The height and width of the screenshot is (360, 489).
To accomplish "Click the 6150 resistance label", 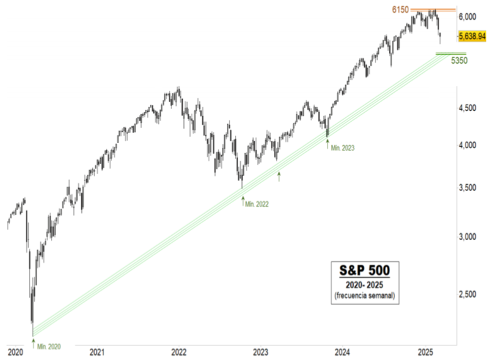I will pos(401,10).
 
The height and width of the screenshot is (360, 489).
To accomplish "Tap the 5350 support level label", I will pos(458,61).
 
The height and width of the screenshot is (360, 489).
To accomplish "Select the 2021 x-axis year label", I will pos(97,351).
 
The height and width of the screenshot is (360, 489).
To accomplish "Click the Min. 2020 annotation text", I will pos(49,346).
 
